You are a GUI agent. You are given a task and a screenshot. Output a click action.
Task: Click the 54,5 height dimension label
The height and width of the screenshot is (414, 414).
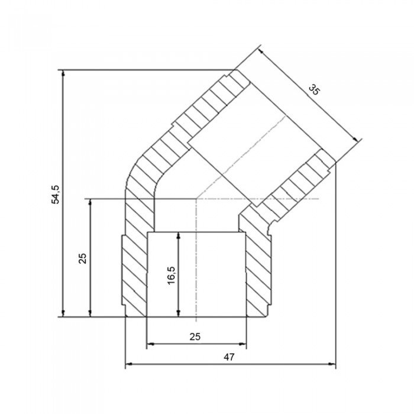(x=56, y=195)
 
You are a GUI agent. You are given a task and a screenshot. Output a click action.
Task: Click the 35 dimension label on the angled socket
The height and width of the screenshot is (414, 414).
(x=314, y=90)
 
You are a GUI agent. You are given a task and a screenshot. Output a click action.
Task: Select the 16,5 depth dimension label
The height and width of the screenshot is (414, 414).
(x=171, y=276)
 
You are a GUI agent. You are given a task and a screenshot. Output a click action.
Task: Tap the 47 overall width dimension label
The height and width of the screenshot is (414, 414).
(x=229, y=357)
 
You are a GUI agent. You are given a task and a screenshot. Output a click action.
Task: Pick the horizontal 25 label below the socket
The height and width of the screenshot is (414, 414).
(x=195, y=337)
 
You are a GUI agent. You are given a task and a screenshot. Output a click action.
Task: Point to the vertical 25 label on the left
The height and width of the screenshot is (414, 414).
(x=83, y=258)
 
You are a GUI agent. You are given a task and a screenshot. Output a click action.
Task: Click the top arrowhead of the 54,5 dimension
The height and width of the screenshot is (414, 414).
(x=63, y=74)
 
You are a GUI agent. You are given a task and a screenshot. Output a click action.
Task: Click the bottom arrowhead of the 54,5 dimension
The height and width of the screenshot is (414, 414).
(x=63, y=313)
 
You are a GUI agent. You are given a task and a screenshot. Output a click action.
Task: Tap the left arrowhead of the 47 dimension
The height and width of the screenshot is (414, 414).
(x=128, y=364)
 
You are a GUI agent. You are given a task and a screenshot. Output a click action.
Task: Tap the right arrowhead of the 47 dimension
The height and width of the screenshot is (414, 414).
(x=332, y=364)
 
